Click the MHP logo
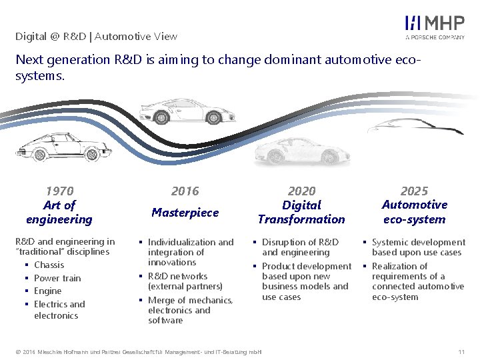pyautogui.click(x=435, y=27)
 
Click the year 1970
pyautogui.click(x=59, y=191)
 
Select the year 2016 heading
pyautogui.click(x=185, y=191)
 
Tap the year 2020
pyautogui.click(x=301, y=191)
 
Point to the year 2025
pyautogui.click(x=414, y=191)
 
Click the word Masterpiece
pyautogui.click(x=185, y=213)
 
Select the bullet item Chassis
pyautogui.click(x=49, y=265)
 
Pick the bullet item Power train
pyautogui.click(x=57, y=278)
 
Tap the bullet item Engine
pyautogui.click(x=47, y=291)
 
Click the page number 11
pyautogui.click(x=461, y=351)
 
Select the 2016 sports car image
pyautogui.click(x=185, y=109)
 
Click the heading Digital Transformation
pyautogui.click(x=301, y=212)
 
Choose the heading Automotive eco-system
pyautogui.click(x=414, y=212)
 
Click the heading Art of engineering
pyautogui.click(x=59, y=212)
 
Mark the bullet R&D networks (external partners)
pyautogui.click(x=185, y=281)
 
